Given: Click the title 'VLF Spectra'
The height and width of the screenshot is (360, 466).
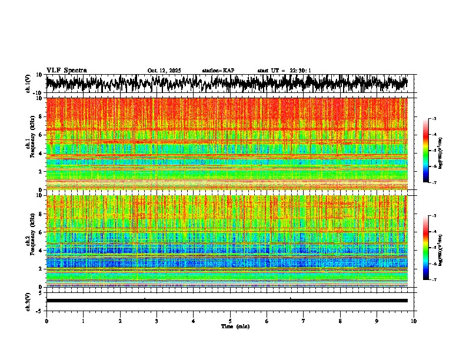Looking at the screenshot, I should pyautogui.click(x=66, y=70).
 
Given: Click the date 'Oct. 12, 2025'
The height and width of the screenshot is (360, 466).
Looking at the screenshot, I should pyautogui.click(x=164, y=71).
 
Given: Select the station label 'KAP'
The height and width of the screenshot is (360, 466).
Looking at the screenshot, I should pyautogui.click(x=228, y=71).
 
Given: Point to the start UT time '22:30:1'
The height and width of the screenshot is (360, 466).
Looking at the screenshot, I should pyautogui.click(x=301, y=71).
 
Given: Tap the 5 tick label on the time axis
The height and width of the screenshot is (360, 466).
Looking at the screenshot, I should pyautogui.click(x=230, y=321).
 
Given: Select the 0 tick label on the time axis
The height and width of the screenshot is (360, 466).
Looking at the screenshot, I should pyautogui.click(x=46, y=321).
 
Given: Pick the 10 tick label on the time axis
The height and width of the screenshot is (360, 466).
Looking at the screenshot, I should pyautogui.click(x=414, y=321).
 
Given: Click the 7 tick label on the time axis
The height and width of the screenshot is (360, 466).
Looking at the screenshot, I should pyautogui.click(x=304, y=321).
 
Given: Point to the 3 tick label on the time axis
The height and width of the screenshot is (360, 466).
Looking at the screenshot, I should pyautogui.click(x=157, y=321).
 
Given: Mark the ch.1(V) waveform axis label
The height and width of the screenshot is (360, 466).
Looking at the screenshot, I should pyautogui.click(x=28, y=84).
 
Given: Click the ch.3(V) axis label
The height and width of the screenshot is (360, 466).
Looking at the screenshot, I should pyautogui.click(x=28, y=300).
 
